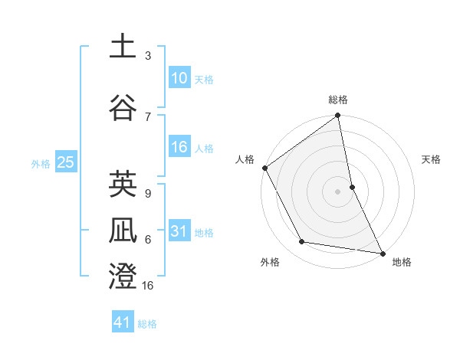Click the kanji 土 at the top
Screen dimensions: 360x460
point(123,47)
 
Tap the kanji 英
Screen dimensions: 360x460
point(123,185)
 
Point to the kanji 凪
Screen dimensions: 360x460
point(123,231)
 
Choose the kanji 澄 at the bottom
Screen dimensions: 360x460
point(123,277)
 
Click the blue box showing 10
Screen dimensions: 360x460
point(179,79)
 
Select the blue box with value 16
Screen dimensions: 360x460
point(179,148)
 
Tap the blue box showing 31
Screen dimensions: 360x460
point(179,232)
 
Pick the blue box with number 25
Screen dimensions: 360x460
point(65,162)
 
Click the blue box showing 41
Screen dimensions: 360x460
point(123,323)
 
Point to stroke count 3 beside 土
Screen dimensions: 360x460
point(148,56)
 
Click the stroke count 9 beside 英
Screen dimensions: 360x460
point(148,194)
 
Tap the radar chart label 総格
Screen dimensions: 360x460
point(338,100)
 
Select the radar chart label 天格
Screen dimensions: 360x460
point(432,159)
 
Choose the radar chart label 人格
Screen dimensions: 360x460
point(245,159)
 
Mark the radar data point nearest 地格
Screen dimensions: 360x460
point(382,253)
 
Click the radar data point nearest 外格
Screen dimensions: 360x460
point(302,242)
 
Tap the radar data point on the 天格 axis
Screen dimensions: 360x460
point(352,187)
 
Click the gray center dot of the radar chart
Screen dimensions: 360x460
point(338,191)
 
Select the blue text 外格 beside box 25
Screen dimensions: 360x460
point(41,163)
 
